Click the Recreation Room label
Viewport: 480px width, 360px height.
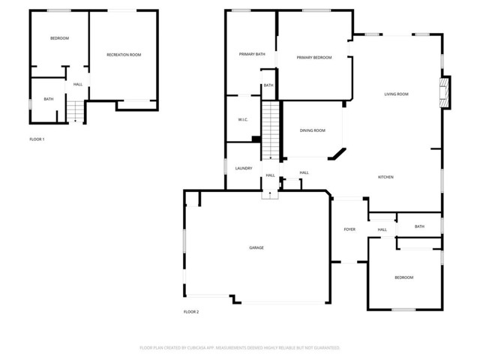coord(124,55)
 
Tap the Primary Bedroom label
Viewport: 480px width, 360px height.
coord(314,58)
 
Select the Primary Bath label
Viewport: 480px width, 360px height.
coord(252,54)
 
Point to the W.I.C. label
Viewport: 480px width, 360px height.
coord(243,119)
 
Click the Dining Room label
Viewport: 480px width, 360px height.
coord(313,130)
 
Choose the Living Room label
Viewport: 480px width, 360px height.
coord(396,94)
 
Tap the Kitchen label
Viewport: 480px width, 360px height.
coord(385,177)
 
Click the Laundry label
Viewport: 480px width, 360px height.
coord(243,168)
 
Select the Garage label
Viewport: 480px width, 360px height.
coord(256,247)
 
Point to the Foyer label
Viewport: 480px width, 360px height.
coord(349,229)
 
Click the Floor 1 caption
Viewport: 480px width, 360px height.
coord(37,139)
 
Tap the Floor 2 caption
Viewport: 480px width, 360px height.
coord(191,311)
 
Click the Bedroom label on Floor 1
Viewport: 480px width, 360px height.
coord(59,38)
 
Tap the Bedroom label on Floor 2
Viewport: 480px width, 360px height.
coord(403,277)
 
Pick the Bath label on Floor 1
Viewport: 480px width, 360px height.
coord(48,99)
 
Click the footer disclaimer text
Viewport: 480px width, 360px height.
coord(240,348)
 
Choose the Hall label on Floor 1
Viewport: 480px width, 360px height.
coord(78,84)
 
